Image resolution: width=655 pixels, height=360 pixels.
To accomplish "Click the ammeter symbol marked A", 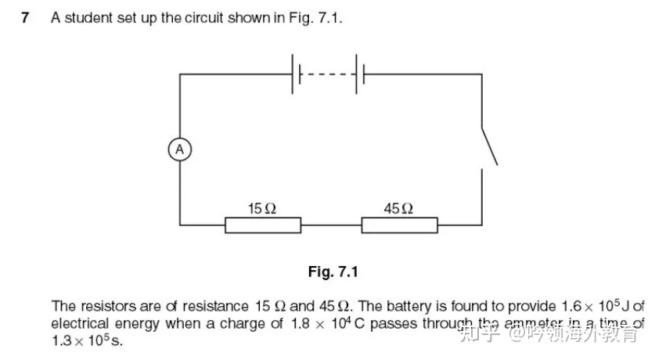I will point(179,149).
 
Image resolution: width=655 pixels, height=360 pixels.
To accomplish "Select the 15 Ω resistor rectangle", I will point(263,225).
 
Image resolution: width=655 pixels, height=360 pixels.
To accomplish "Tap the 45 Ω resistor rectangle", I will point(399,225).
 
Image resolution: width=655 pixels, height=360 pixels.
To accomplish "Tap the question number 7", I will point(26,17).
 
